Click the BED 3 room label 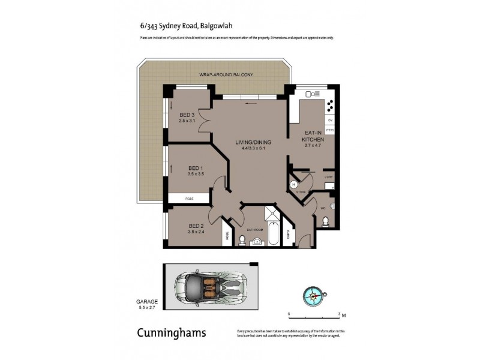point(187,115)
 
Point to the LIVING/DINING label point(253,142)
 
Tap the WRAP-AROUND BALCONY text point(218,74)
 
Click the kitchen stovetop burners point(330,107)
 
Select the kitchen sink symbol point(313,94)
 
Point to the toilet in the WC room point(325,222)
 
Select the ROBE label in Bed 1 point(188,197)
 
